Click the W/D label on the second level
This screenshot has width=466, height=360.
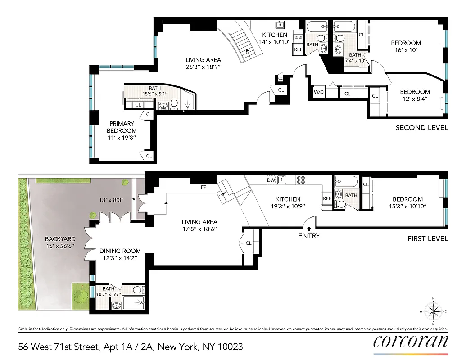pyautogui.click(x=319, y=92)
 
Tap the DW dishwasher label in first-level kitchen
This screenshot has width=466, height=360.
pyautogui.click(x=271, y=180)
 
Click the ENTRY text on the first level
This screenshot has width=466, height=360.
pyautogui.click(x=309, y=236)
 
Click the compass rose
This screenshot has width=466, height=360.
pyautogui.click(x=433, y=311)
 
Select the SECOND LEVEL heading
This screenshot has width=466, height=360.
pyautogui.click(x=421, y=128)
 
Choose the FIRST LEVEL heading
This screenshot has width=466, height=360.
pyautogui.click(x=427, y=238)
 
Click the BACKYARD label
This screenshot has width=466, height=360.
pyautogui.click(x=59, y=239)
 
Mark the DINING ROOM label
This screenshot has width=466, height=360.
pyautogui.click(x=120, y=251)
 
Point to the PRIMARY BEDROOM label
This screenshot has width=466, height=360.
pyautogui.click(x=121, y=127)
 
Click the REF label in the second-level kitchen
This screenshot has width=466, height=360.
pyautogui.click(x=298, y=49)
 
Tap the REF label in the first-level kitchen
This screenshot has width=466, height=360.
pyautogui.click(x=326, y=198)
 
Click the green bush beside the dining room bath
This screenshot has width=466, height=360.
pyautogui.click(x=82, y=296)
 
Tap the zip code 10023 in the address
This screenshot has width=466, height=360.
pyautogui.click(x=230, y=346)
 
